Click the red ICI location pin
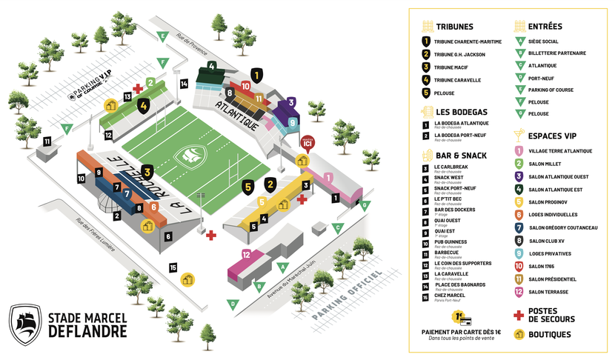[x=309, y=141]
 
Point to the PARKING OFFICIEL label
[x=347, y=297]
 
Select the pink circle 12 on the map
[x=246, y=256]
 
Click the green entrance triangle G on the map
[x=365, y=205]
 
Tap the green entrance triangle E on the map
[x=162, y=36]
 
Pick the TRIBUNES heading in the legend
[x=454, y=27]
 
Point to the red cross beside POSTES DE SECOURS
[x=519, y=313]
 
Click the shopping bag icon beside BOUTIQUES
[x=519, y=335]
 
